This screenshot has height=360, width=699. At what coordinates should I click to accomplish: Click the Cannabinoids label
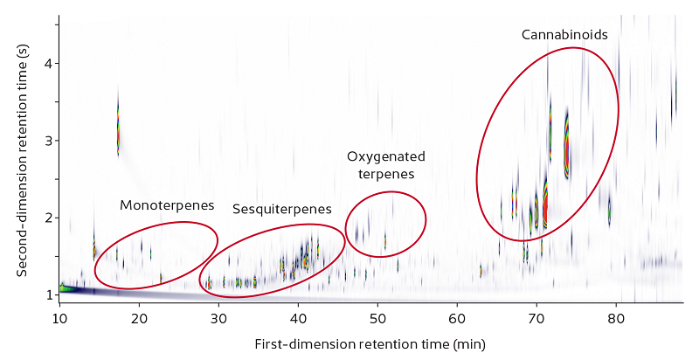(564, 35)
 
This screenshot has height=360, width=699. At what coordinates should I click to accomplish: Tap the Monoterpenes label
(167, 205)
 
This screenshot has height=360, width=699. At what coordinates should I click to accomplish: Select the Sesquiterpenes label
(282, 210)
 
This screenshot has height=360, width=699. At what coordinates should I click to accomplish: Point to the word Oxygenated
(386, 157)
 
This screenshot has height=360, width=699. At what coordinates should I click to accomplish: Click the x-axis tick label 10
(59, 316)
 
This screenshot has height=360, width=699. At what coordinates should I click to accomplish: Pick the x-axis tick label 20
(139, 316)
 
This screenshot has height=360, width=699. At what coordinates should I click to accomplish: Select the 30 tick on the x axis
(218, 316)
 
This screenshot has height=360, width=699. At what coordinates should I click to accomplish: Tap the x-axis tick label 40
(298, 316)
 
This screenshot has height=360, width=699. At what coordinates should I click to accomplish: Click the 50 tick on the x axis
(377, 316)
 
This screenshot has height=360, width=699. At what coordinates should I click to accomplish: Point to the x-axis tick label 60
(457, 316)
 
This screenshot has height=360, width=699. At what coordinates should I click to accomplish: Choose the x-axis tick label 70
(536, 316)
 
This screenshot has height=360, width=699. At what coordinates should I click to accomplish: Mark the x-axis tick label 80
(616, 316)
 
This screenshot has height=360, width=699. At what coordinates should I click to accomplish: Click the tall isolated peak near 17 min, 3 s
(118, 131)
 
